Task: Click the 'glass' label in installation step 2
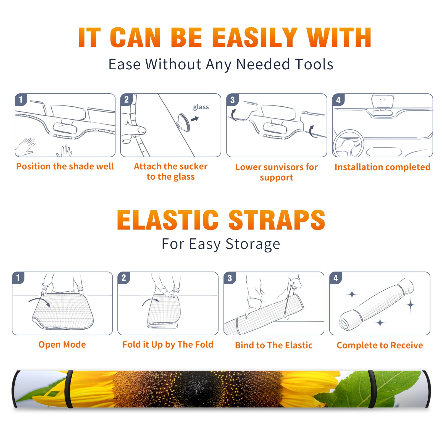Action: [201, 107]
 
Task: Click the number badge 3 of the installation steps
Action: [232, 100]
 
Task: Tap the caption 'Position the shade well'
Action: [65, 166]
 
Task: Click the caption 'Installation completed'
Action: [382, 167]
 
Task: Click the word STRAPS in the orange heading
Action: [277, 220]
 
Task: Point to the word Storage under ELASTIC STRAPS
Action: [253, 244]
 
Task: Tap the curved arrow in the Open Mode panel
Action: [40, 301]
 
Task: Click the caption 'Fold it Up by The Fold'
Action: [168, 344]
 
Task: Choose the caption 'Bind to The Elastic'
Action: [274, 345]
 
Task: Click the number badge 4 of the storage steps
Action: [336, 278]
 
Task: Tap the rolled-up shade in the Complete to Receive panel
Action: [376, 304]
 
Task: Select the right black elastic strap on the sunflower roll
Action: [372, 389]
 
